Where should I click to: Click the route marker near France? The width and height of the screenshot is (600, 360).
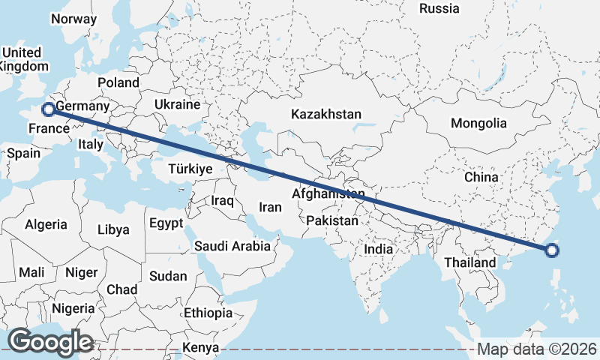click(49, 109)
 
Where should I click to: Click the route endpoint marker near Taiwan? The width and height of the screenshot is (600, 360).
click(552, 250)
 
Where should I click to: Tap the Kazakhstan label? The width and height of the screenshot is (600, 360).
click(326, 115)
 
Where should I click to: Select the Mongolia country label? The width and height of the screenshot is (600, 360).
click(478, 123)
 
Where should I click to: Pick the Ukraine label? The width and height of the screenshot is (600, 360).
click(177, 104)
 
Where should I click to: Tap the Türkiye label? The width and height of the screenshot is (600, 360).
click(191, 169)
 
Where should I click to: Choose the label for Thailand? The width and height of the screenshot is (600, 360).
click(470, 262)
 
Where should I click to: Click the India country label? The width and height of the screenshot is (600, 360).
click(379, 248)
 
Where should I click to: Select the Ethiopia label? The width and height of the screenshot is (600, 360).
click(208, 313)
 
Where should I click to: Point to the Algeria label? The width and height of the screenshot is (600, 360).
click(46, 224)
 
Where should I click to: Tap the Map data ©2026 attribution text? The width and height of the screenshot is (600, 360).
click(537, 349)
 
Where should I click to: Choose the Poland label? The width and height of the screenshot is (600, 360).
click(118, 82)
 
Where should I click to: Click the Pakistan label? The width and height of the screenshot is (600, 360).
click(332, 221)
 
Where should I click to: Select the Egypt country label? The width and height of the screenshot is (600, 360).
click(166, 223)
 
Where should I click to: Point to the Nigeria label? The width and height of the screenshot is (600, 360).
click(73, 308)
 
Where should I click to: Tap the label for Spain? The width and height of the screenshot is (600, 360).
click(23, 153)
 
